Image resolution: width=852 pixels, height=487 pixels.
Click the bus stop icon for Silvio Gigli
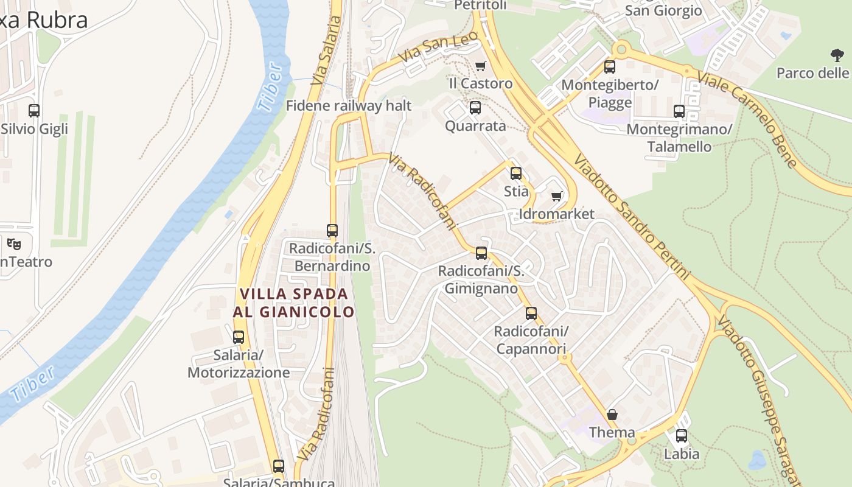coord(34,111)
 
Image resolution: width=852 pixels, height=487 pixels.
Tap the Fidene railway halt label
coord(349,105)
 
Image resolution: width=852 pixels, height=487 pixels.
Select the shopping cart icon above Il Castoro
coord(481,66)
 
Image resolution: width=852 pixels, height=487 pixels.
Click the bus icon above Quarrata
coord(475,108)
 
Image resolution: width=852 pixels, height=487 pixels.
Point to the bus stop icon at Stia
coord(516,173)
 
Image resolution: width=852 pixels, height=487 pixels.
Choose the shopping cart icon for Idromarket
coord(556,196)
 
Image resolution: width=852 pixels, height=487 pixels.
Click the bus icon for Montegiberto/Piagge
coord(610,67)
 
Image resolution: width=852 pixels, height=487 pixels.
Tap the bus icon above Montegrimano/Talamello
coord(679,111)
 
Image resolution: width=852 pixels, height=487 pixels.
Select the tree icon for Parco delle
coord(837,55)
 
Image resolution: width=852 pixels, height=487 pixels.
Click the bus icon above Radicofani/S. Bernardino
coord(332,231)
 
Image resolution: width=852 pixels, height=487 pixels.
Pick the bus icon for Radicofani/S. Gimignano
coord(481,253)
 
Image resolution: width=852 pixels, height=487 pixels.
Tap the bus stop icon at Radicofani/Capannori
coord(531,314)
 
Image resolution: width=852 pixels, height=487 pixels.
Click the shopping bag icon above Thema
coord(612,415)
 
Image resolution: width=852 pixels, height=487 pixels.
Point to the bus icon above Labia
coord(682,436)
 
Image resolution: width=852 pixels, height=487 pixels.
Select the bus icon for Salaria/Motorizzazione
coord(239,337)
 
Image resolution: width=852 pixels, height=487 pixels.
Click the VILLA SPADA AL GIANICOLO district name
coord(294,303)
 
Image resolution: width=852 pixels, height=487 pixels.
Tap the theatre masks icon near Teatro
coord(14,244)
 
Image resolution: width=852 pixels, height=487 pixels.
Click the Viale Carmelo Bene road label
coord(747,119)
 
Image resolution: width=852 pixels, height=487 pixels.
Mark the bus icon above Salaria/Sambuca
coord(279,466)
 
